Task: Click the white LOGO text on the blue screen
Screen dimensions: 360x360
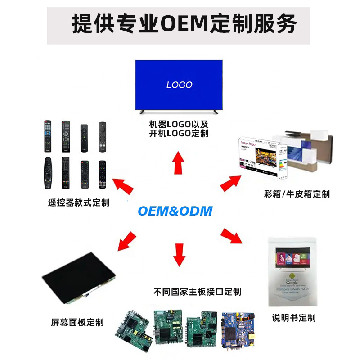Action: click(179, 85)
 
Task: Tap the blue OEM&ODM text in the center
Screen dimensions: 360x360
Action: click(175, 211)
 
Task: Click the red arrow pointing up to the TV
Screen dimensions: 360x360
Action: click(179, 162)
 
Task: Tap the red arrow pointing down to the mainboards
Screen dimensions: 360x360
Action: click(179, 254)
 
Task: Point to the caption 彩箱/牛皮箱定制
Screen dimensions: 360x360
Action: click(297, 194)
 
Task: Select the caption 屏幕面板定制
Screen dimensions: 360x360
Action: click(77, 322)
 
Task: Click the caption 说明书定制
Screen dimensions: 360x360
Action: click(294, 318)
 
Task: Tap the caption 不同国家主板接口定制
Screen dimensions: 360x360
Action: click(197, 292)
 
